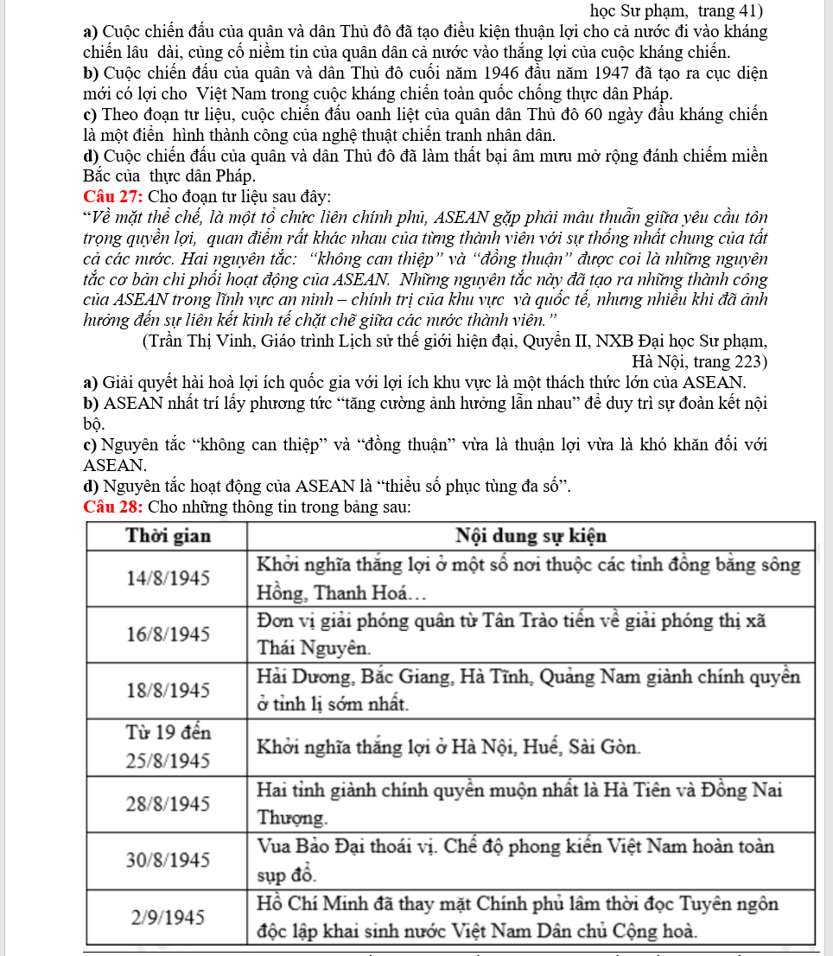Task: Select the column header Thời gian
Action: point(169,535)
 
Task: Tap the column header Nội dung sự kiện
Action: point(531,535)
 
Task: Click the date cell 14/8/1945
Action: point(169,578)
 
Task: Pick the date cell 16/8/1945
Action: point(169,634)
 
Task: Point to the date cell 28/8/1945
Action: point(169,803)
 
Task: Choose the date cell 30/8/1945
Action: point(169,860)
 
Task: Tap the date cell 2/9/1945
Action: point(169,917)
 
